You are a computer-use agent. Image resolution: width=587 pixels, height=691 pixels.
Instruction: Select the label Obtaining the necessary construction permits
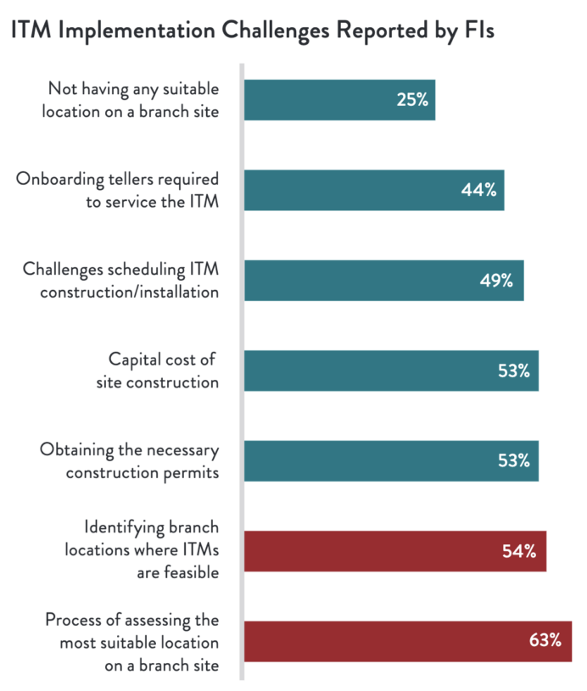[130, 460]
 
